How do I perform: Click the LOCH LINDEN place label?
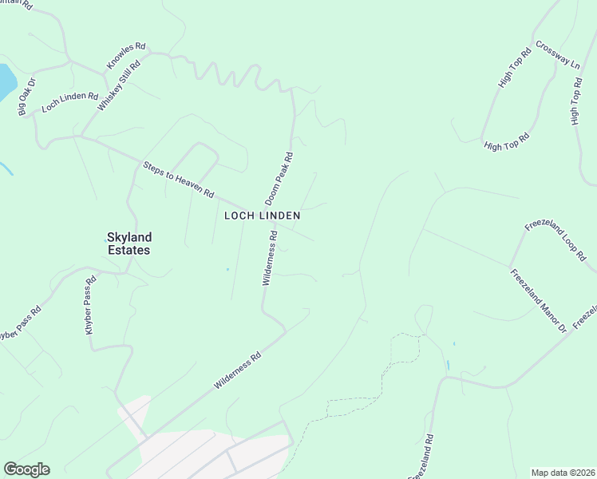pyautogui.click(x=262, y=216)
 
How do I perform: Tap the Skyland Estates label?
pyautogui.click(x=128, y=243)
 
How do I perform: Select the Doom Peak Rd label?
pyautogui.click(x=279, y=177)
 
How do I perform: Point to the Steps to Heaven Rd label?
pyautogui.click(x=179, y=180)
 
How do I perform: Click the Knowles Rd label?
pyautogui.click(x=126, y=55)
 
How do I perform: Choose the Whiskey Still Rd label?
pyautogui.click(x=118, y=87)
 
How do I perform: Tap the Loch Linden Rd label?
pyautogui.click(x=69, y=102)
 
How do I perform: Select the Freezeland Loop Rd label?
pyautogui.click(x=555, y=241)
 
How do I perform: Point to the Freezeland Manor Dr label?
pyautogui.click(x=538, y=301)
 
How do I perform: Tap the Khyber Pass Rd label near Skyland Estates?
pyautogui.click(x=91, y=304)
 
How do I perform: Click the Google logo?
pyautogui.click(x=26, y=469)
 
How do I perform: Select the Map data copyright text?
pyautogui.click(x=563, y=473)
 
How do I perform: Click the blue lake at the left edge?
pyautogui.click(x=6, y=80)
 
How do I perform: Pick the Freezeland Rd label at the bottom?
pyautogui.click(x=422, y=457)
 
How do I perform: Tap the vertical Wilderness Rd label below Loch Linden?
pyautogui.click(x=269, y=258)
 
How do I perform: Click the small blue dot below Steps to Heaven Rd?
pyautogui.click(x=227, y=269)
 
